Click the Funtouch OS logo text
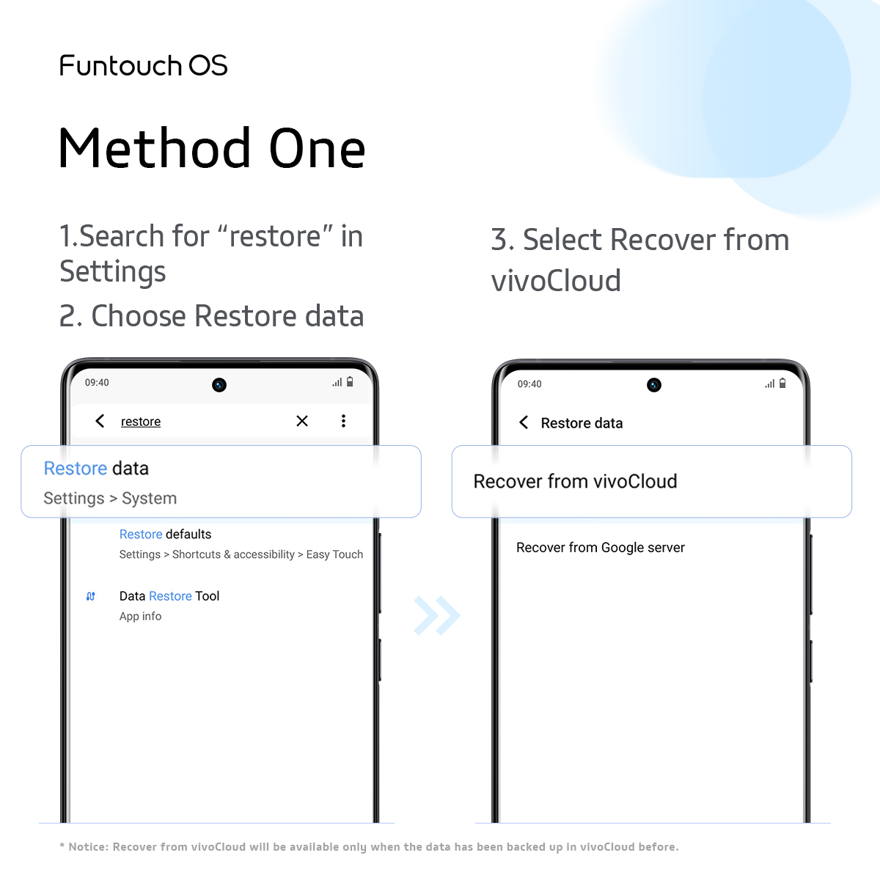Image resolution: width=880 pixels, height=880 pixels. pyautogui.click(x=144, y=66)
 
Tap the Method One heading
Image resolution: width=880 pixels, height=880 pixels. pyautogui.click(x=212, y=149)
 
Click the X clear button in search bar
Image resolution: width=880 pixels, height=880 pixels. pyautogui.click(x=302, y=421)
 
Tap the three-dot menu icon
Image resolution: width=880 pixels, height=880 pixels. pyautogui.click(x=343, y=421)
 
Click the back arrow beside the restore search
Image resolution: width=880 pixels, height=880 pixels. pyautogui.click(x=100, y=421)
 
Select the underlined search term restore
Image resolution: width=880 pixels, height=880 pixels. pyautogui.click(x=141, y=422)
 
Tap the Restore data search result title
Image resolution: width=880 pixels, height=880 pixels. pyautogui.click(x=96, y=469)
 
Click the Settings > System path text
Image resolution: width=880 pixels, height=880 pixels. pyautogui.click(x=110, y=499)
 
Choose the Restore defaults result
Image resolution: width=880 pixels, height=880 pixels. pyautogui.click(x=165, y=535)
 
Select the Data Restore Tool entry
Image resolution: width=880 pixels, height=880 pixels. pyautogui.click(x=169, y=596)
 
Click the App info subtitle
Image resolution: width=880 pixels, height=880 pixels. pyautogui.click(x=140, y=617)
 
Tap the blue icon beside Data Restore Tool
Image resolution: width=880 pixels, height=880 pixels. pyautogui.click(x=91, y=596)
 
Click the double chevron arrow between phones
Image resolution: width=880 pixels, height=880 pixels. pyautogui.click(x=436, y=615)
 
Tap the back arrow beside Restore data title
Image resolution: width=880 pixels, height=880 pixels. pyautogui.click(x=524, y=422)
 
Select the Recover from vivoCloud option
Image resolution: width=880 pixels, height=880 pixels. pyautogui.click(x=575, y=482)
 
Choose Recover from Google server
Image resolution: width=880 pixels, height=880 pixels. pyautogui.click(x=600, y=548)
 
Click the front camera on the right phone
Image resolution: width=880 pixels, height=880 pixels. pyautogui.click(x=654, y=385)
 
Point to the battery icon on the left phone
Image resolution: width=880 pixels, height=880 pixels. pyautogui.click(x=350, y=382)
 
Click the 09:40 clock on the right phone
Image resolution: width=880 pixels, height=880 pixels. pyautogui.click(x=529, y=384)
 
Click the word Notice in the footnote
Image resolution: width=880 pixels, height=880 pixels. pyautogui.click(x=87, y=847)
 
